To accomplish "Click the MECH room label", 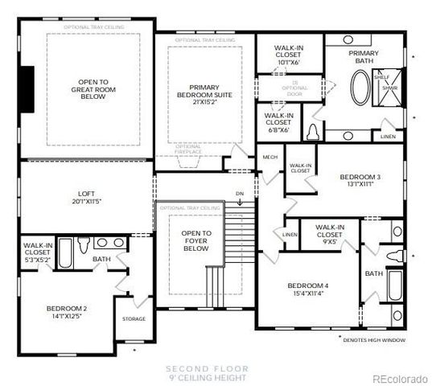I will click(x=270, y=157).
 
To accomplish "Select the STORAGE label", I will click(x=134, y=319).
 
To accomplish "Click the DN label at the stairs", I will click(x=239, y=193).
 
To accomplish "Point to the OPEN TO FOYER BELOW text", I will click(x=195, y=241).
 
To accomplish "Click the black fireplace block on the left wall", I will click(x=29, y=89).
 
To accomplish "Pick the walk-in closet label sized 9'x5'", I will click(x=331, y=233).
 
